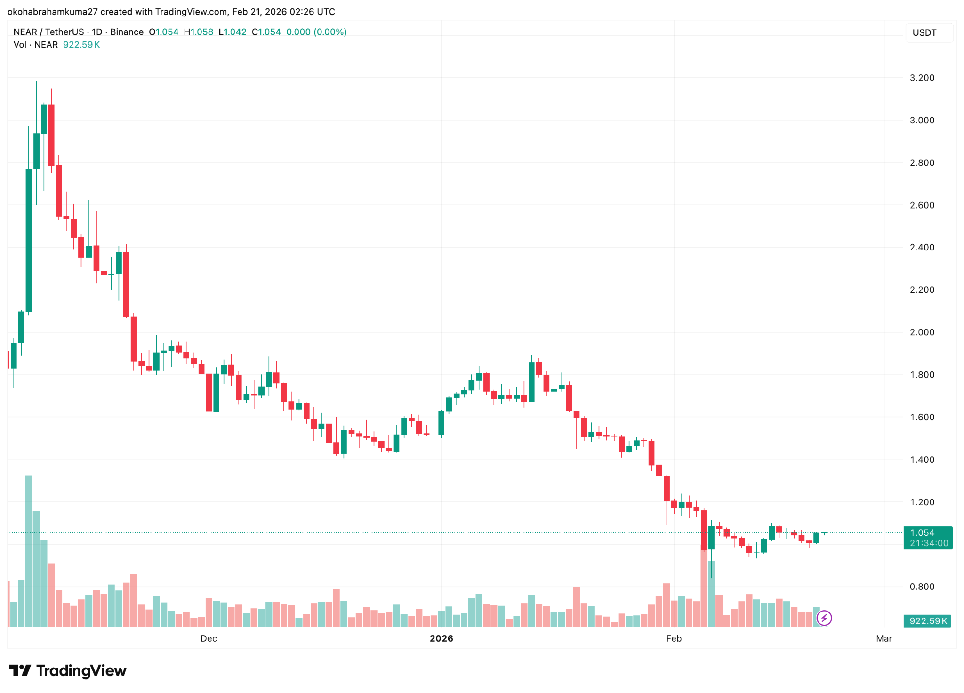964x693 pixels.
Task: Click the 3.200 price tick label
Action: (x=922, y=78)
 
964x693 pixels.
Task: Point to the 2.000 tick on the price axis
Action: (x=922, y=332)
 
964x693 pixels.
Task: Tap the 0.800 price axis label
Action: (x=922, y=587)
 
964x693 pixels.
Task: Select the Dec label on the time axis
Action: (x=209, y=638)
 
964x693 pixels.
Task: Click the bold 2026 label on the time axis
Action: (x=441, y=638)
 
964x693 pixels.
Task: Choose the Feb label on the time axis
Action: (x=674, y=638)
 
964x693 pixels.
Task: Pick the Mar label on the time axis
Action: (x=884, y=638)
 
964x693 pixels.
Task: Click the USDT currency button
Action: (x=924, y=32)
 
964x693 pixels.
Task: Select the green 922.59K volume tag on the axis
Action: (x=927, y=621)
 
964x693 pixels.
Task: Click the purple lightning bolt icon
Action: (x=824, y=618)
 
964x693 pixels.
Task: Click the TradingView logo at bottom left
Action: (x=68, y=670)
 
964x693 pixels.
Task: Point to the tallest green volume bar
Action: (x=29, y=551)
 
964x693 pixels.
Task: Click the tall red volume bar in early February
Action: (x=704, y=588)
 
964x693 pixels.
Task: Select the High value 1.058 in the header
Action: (x=201, y=32)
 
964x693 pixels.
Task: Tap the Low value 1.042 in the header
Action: (x=235, y=32)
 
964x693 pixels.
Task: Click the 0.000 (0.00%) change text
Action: (x=316, y=32)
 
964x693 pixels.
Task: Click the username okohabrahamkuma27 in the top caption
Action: (x=52, y=12)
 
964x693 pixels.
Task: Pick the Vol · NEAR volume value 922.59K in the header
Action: (x=81, y=45)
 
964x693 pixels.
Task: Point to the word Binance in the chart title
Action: (x=127, y=32)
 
